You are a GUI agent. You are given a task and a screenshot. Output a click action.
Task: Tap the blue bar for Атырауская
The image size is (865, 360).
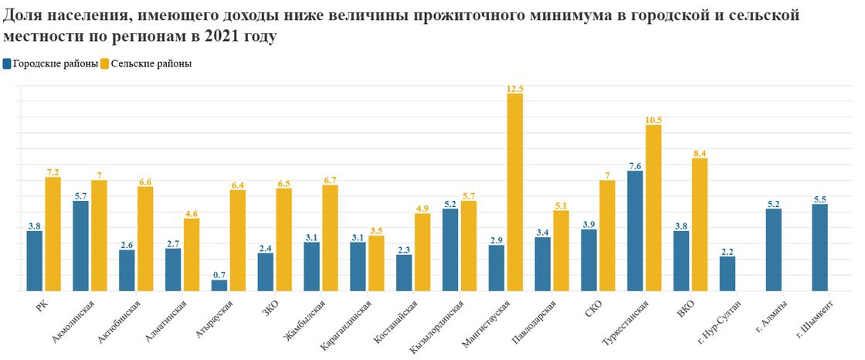coord(219,286)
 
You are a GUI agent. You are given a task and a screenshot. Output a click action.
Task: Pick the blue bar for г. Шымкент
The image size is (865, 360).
coord(819,248)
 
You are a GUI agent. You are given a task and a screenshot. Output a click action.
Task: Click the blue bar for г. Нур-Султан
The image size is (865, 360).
coord(728,274)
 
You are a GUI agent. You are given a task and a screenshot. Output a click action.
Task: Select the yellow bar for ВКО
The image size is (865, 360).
coord(700,225)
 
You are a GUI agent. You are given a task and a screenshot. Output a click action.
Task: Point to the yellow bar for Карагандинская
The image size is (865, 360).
coord(376,263)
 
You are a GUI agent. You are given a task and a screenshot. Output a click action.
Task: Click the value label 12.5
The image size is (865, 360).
coord(514,89)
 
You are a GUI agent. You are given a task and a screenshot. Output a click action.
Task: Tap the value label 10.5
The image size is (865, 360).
coord(653,120)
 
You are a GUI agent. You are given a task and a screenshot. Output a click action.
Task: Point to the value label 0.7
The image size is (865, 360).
coord(219,275)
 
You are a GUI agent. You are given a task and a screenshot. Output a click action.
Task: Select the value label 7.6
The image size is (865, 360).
coord(635,165)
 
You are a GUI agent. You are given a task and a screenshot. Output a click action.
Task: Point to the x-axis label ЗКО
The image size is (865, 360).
coord(271,308)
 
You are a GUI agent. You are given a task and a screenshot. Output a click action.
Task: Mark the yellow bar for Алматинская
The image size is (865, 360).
coord(192,255)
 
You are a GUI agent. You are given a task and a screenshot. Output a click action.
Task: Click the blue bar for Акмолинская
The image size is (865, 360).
coord(80,246)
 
